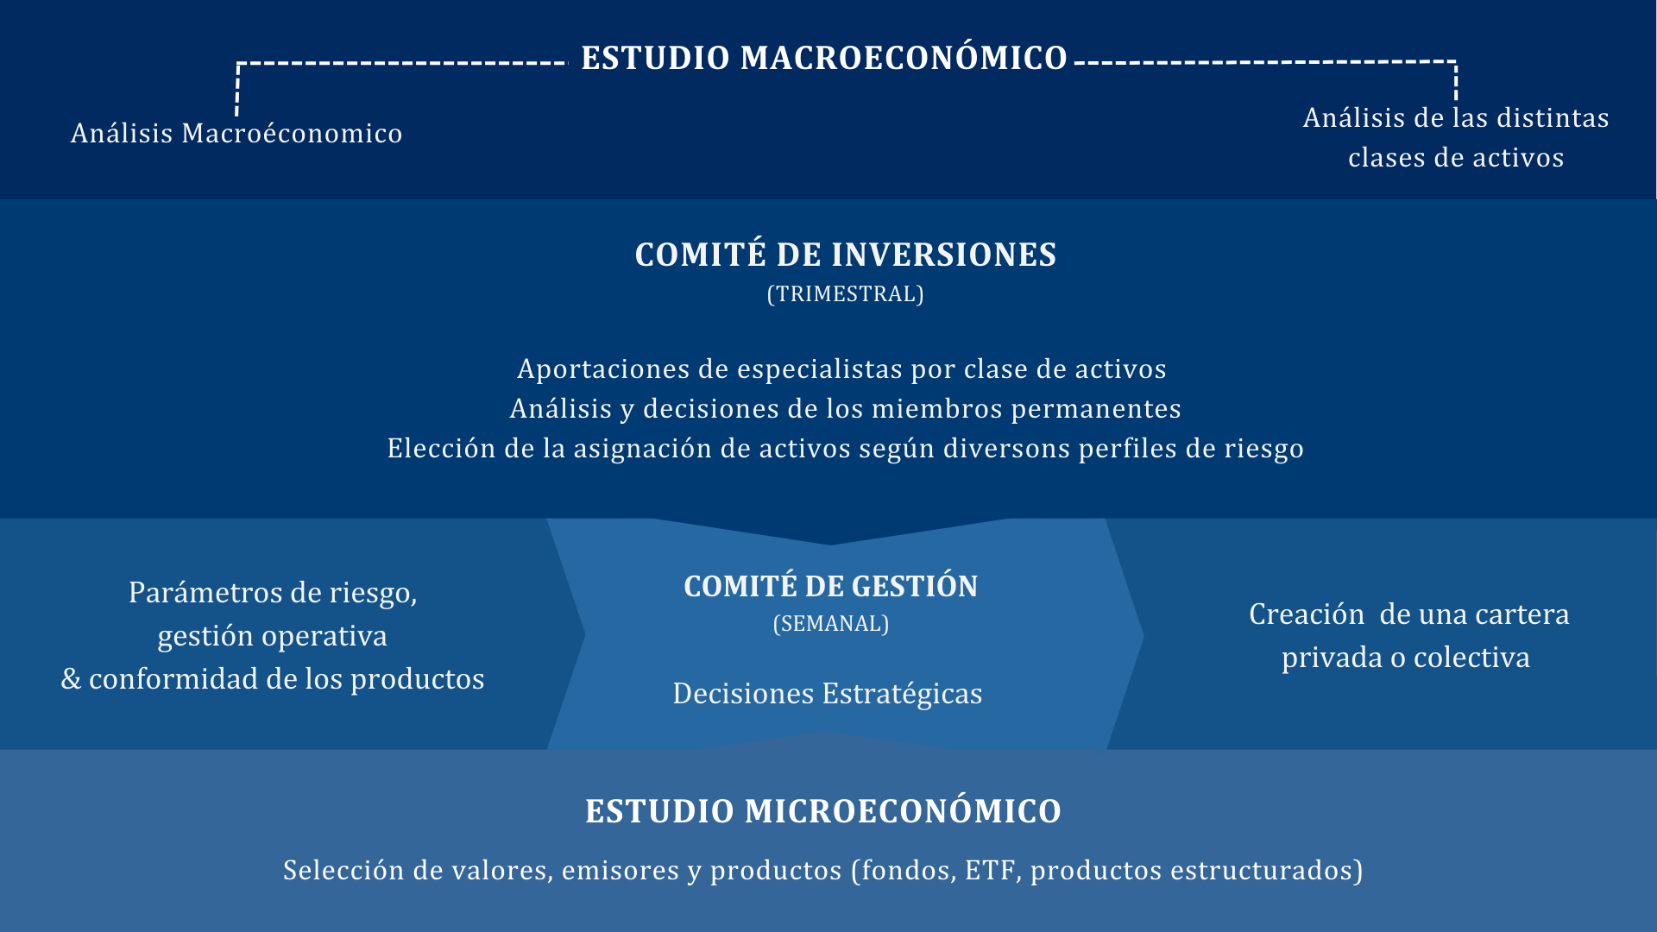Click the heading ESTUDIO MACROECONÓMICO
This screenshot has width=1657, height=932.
[x=824, y=58]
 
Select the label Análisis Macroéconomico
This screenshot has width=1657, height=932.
[x=236, y=133]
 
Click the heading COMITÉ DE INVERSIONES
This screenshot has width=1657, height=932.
[x=846, y=254]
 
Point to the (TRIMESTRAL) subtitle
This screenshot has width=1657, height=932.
[x=846, y=294]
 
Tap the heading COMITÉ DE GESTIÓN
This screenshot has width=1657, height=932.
[x=831, y=586]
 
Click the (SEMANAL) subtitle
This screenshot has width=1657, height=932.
[x=831, y=624]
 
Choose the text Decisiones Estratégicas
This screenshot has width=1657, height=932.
[x=828, y=693]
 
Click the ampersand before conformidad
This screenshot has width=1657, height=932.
[x=71, y=679]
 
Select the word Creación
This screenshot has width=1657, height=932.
[x=1307, y=614]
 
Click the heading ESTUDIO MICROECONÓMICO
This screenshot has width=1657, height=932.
[x=823, y=811]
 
